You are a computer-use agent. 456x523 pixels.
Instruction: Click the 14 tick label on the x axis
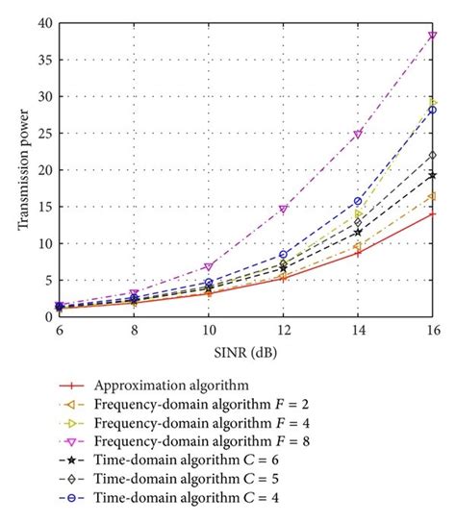[358, 329]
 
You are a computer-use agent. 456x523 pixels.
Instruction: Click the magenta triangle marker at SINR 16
[433, 36]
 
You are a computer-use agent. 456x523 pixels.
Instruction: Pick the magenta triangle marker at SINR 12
[282, 209]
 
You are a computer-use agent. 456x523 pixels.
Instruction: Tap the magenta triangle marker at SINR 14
[358, 135]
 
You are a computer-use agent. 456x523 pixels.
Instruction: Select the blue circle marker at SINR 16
[433, 110]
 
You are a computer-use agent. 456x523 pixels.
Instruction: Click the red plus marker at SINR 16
[433, 213]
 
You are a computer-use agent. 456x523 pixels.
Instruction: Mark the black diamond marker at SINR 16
[433, 155]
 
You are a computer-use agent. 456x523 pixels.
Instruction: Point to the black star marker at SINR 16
[433, 175]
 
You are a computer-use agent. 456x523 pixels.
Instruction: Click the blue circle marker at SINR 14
[358, 201]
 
